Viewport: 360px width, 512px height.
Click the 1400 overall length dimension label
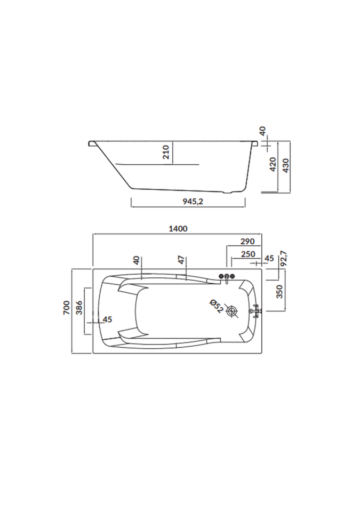178,229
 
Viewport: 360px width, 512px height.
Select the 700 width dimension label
66,308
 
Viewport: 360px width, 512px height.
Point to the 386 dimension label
79,308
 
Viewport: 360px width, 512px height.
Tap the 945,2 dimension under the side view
193,202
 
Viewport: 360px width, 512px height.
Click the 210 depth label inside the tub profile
166,152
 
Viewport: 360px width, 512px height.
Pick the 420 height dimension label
273,164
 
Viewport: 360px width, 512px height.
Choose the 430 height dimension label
285,165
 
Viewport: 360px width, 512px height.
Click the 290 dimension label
247,241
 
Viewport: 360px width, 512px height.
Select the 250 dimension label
248,254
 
